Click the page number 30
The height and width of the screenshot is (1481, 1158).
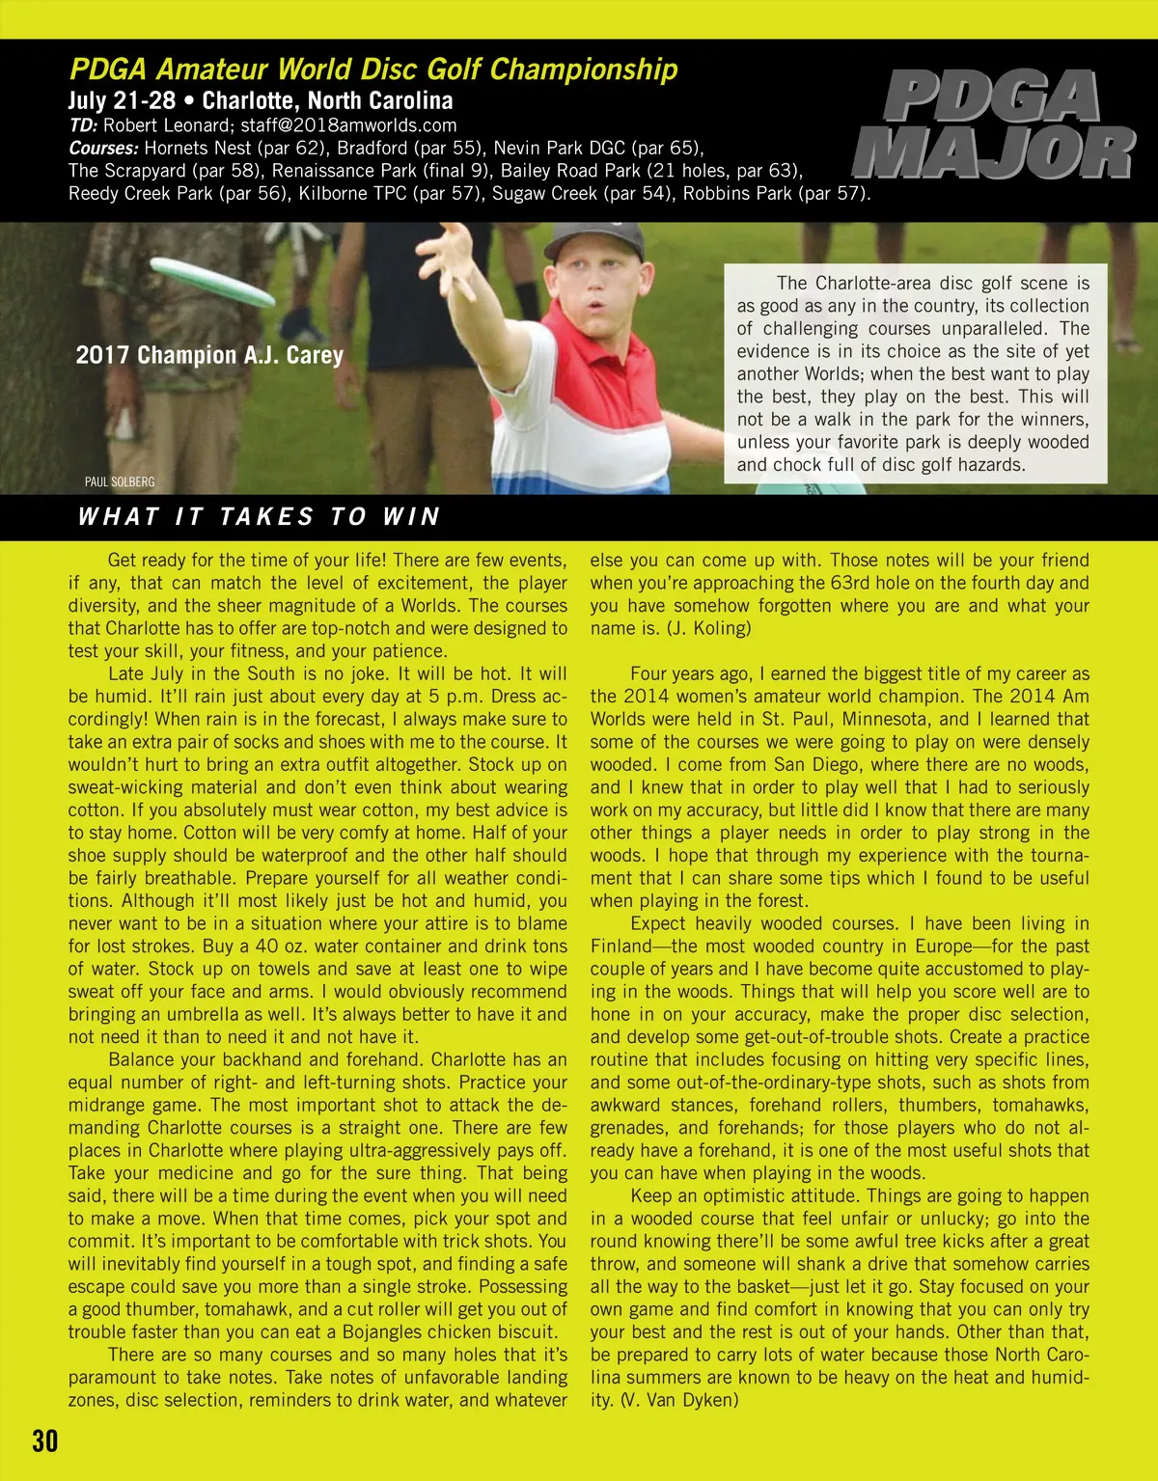click(45, 1440)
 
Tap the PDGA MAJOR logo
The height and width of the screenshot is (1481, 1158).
click(994, 125)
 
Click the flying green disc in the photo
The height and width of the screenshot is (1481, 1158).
click(213, 282)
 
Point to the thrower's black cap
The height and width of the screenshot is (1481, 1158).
click(594, 240)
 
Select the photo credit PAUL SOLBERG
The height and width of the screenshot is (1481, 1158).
click(120, 481)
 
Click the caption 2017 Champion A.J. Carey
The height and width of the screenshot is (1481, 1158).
click(209, 355)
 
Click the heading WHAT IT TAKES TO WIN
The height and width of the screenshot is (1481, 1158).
click(259, 517)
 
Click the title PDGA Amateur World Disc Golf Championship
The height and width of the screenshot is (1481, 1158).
click(373, 69)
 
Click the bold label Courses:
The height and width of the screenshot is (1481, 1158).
click(103, 149)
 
